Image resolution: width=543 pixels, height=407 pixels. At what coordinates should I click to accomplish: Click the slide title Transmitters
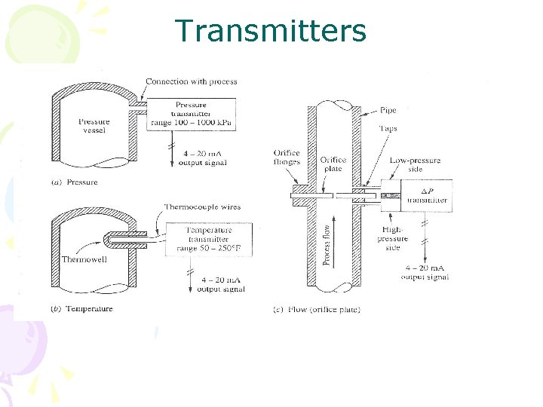pyautogui.click(x=270, y=31)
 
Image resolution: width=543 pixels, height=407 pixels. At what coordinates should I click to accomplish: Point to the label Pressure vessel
pyautogui.click(x=94, y=126)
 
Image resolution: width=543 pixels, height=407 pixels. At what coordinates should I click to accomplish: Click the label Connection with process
pyautogui.click(x=191, y=81)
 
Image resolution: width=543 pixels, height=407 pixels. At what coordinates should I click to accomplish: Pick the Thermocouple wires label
pyautogui.click(x=202, y=207)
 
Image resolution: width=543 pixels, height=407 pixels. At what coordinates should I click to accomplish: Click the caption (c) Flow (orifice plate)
pyautogui.click(x=317, y=309)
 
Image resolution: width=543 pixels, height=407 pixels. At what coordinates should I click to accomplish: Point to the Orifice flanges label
pyautogui.click(x=287, y=158)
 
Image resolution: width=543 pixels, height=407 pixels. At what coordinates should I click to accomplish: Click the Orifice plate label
pyautogui.click(x=333, y=164)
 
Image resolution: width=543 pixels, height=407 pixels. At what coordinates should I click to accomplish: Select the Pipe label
pyautogui.click(x=388, y=111)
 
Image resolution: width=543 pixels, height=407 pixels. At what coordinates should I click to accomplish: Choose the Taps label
pyautogui.click(x=388, y=129)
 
